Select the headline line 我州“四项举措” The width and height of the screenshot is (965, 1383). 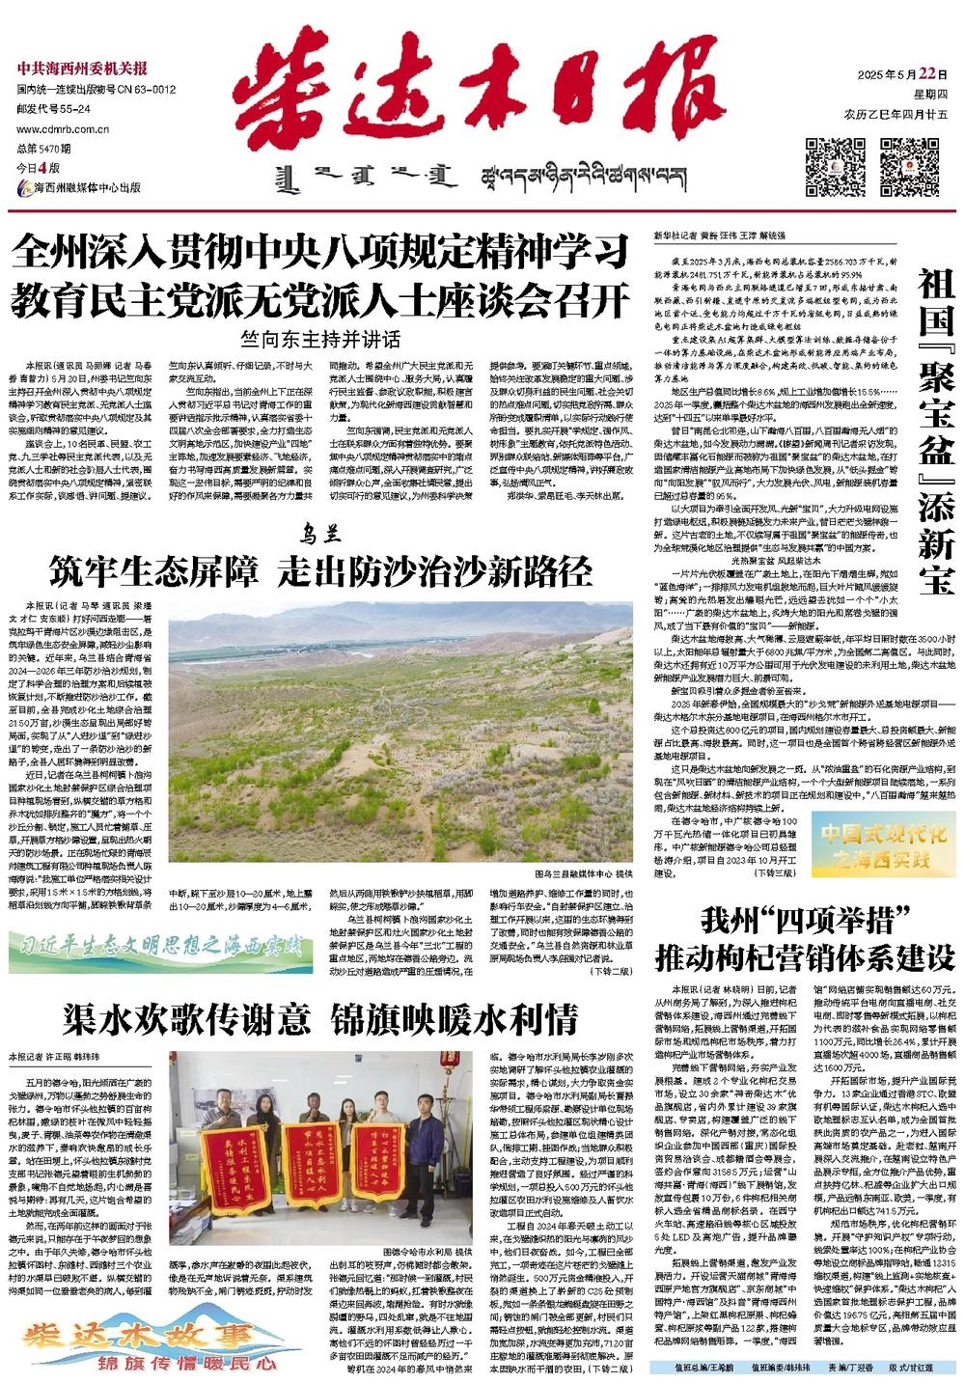pos(806,920)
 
